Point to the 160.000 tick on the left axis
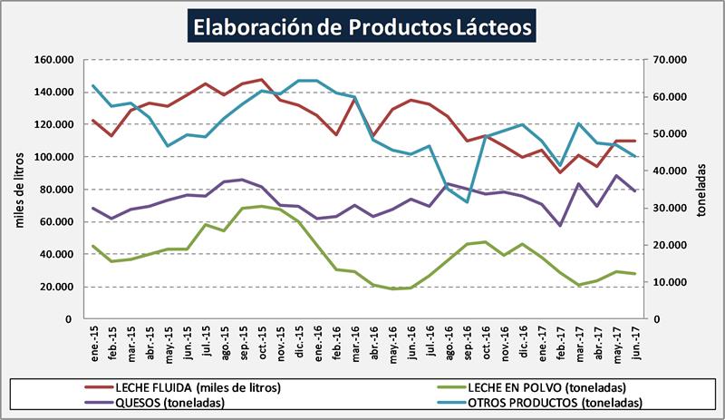(x=53, y=60)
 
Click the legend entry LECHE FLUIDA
(x=188, y=387)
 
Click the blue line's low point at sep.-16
(x=467, y=201)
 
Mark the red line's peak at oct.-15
(x=262, y=80)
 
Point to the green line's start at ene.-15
(x=93, y=246)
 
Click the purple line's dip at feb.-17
(x=560, y=226)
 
